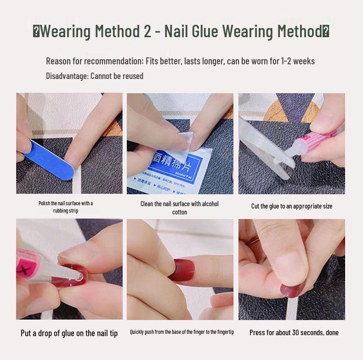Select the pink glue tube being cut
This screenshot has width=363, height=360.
click(x=319, y=141)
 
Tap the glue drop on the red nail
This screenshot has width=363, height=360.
click(x=79, y=277)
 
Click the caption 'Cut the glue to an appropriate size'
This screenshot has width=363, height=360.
click(x=291, y=206)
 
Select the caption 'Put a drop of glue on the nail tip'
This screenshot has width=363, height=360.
click(x=69, y=333)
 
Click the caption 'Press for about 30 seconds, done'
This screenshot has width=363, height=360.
click(x=294, y=332)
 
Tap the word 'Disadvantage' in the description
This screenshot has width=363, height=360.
click(x=66, y=76)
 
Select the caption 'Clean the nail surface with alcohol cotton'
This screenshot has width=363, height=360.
click(x=180, y=208)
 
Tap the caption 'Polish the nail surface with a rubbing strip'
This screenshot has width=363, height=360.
click(x=66, y=207)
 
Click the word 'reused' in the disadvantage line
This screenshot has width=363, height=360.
click(x=131, y=76)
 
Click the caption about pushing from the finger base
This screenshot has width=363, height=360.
click(x=182, y=332)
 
